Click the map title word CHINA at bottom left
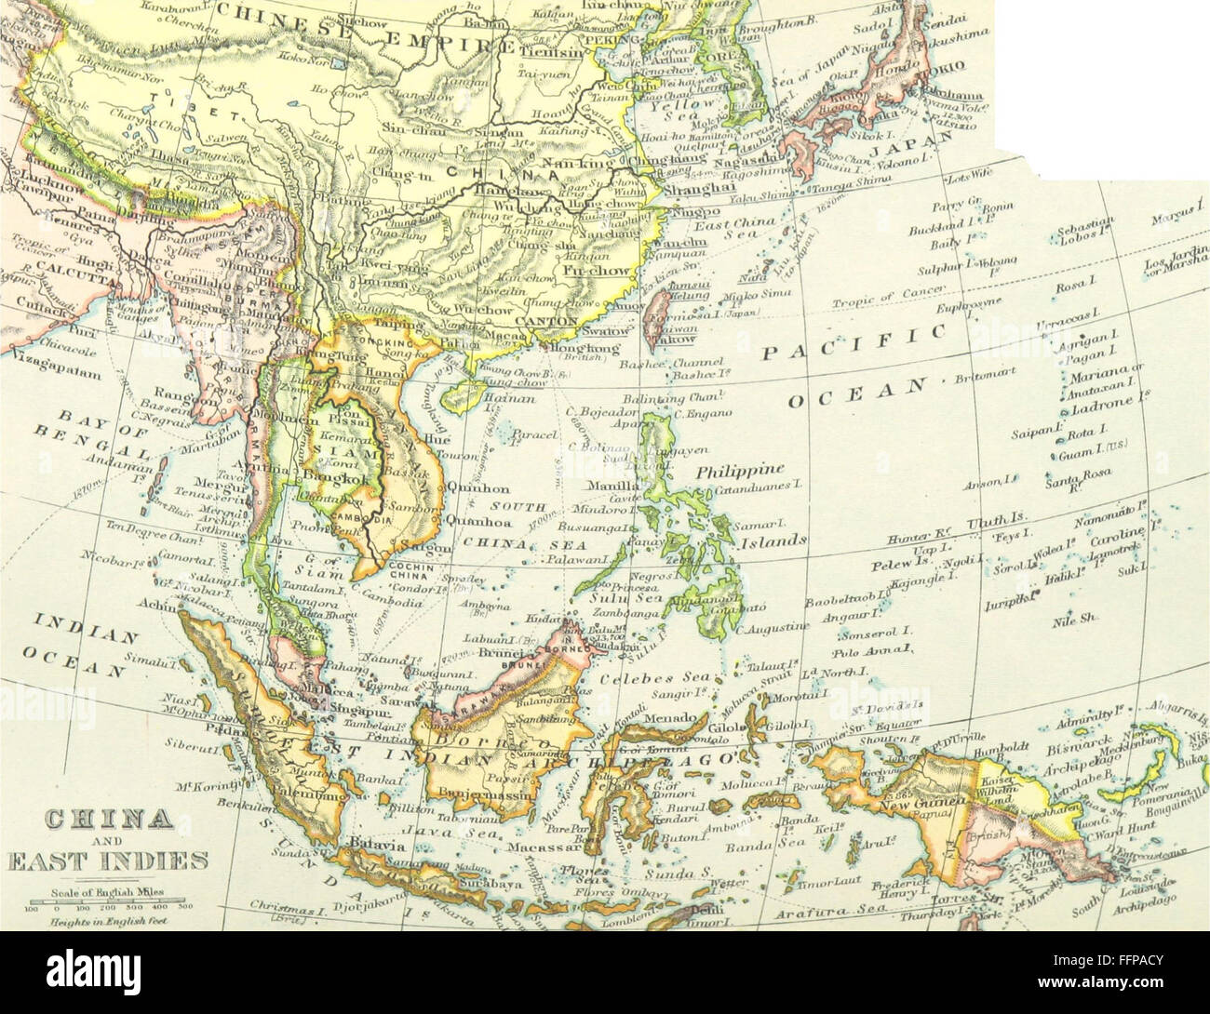click(x=109, y=821)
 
